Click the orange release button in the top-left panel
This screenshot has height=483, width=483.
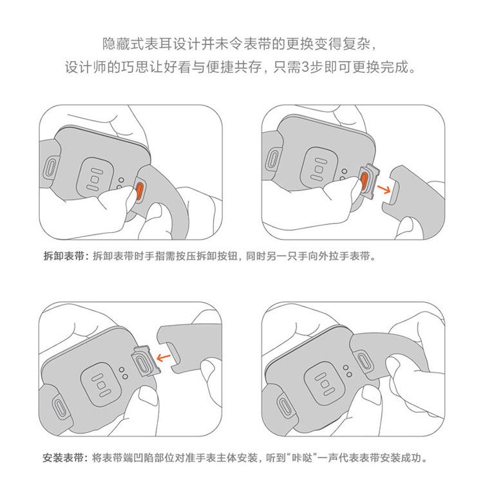(140, 190)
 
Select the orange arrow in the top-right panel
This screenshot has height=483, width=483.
(384, 189)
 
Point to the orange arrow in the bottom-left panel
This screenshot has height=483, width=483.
(164, 357)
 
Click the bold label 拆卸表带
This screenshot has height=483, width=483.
(63, 256)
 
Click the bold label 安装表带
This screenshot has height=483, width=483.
(63, 458)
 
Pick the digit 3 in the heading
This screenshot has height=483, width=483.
(305, 67)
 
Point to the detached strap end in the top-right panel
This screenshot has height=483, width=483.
(413, 197)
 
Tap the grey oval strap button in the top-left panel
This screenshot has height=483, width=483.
(50, 168)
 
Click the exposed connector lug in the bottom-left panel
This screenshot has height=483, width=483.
(146, 361)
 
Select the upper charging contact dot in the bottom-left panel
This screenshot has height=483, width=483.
(122, 370)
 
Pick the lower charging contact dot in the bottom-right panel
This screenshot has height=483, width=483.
(349, 374)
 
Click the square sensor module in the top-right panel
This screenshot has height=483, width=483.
(320, 169)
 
